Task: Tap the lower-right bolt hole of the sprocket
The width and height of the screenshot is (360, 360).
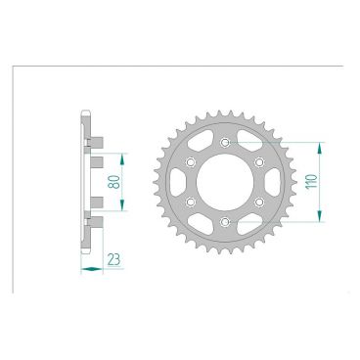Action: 260,202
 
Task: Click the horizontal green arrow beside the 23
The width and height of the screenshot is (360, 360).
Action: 91,265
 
